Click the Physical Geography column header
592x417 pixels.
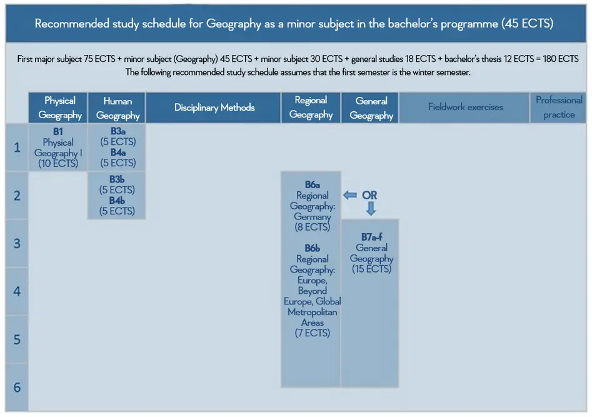[x=58, y=108]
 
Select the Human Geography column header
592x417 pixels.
[x=117, y=108]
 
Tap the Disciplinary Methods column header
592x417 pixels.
[x=213, y=108]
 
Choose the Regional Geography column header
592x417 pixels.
[x=311, y=108]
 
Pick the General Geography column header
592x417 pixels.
[x=370, y=108]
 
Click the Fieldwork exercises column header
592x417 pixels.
[x=464, y=108]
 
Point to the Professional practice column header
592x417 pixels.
[x=558, y=108]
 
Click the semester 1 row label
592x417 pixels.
[x=17, y=148]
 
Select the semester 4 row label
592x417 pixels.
[x=17, y=291]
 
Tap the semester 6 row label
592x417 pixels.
[x=17, y=387]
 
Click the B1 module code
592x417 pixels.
[x=58, y=132]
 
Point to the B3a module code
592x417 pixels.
[x=118, y=131]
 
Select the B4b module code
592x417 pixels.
[x=117, y=201]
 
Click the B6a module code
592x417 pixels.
[x=312, y=184]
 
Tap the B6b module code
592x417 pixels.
[x=312, y=248]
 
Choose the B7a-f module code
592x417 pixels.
[x=371, y=237]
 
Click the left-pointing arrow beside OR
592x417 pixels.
[x=350, y=195]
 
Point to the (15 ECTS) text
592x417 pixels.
[x=371, y=269]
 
